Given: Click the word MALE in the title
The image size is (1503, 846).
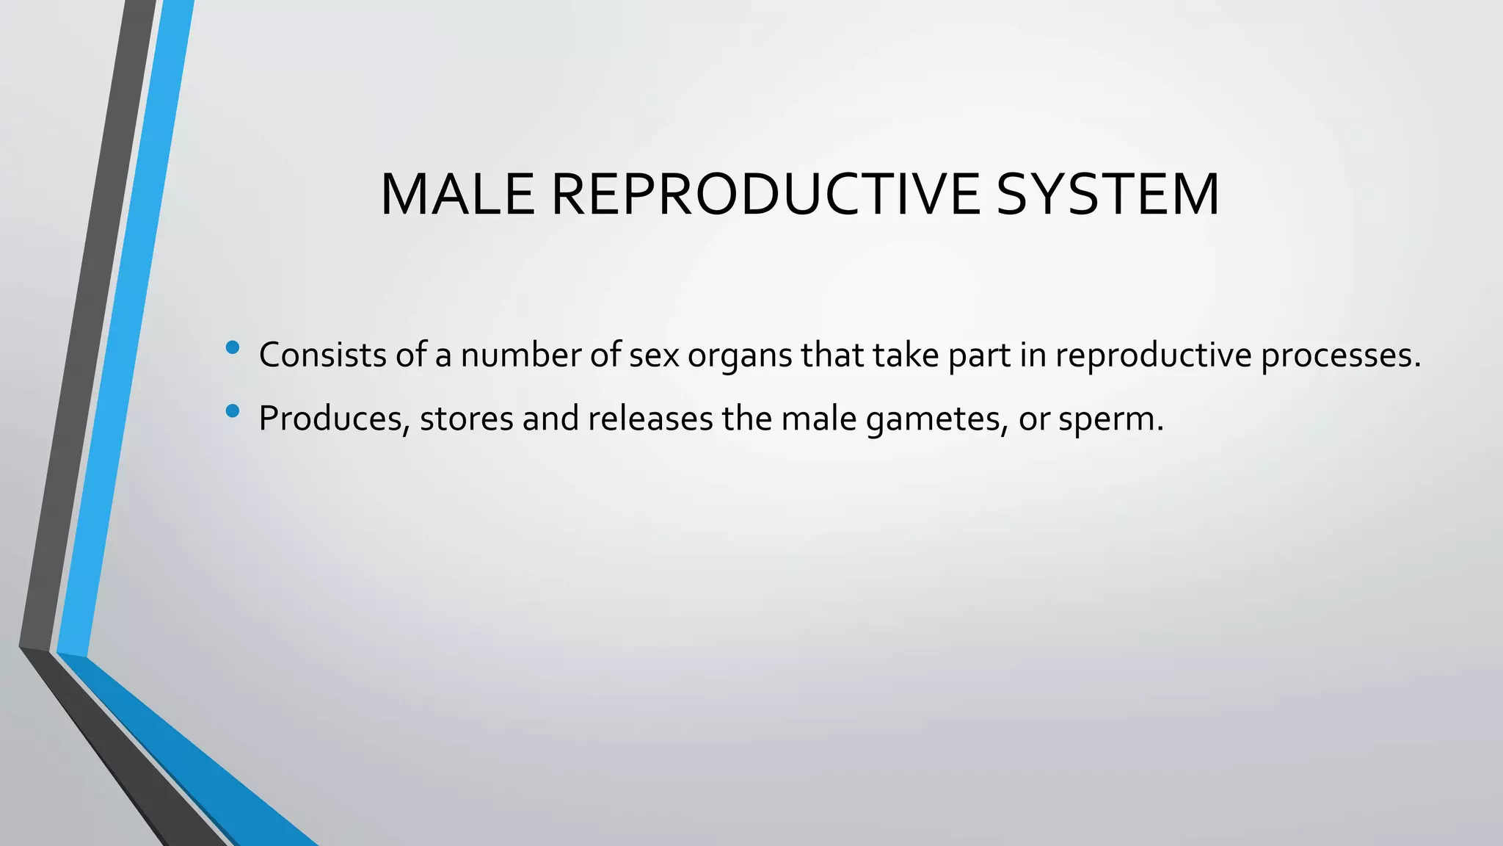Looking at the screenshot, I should [x=456, y=195].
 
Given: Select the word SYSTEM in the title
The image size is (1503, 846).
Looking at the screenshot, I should [x=1107, y=195].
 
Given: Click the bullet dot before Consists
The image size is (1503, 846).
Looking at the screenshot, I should [x=233, y=347].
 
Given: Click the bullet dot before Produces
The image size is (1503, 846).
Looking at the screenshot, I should [x=233, y=411].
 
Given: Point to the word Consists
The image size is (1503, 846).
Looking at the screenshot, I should [x=322, y=355].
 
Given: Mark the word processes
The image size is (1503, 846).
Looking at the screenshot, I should [x=1340, y=356].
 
